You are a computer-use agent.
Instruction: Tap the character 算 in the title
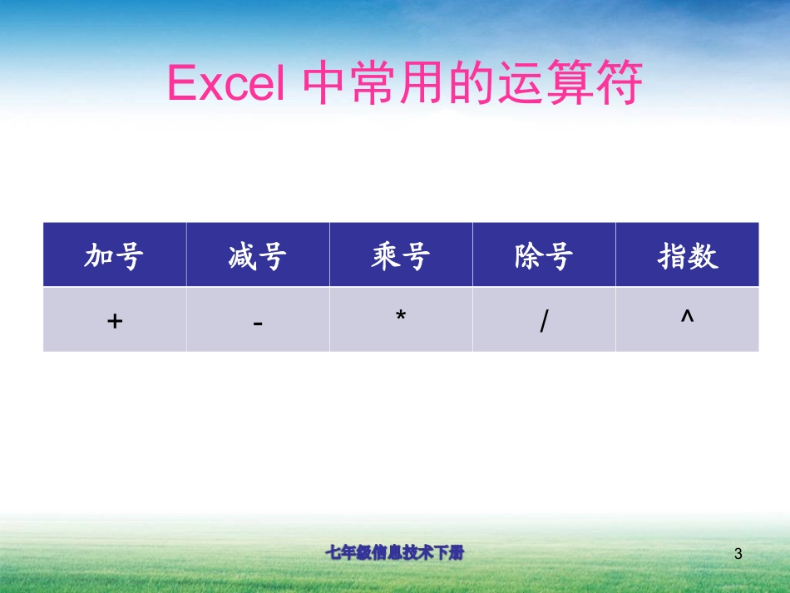(570, 83)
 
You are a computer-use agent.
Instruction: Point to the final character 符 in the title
(620, 83)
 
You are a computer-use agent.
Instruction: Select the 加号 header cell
(115, 256)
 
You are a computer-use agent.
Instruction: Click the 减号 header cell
(258, 256)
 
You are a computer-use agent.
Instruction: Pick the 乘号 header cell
(401, 256)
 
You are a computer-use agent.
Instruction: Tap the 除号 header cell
(544, 256)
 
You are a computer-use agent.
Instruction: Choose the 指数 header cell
(687, 256)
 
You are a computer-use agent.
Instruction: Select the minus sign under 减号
(258, 322)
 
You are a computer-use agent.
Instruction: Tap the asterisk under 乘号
(401, 318)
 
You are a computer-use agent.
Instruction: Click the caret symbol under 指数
(687, 317)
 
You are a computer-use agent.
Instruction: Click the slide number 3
(738, 554)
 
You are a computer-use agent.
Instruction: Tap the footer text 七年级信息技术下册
(394, 553)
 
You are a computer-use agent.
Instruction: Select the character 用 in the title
(423, 83)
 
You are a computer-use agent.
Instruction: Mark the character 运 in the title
(521, 83)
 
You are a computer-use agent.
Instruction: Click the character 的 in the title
(472, 83)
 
